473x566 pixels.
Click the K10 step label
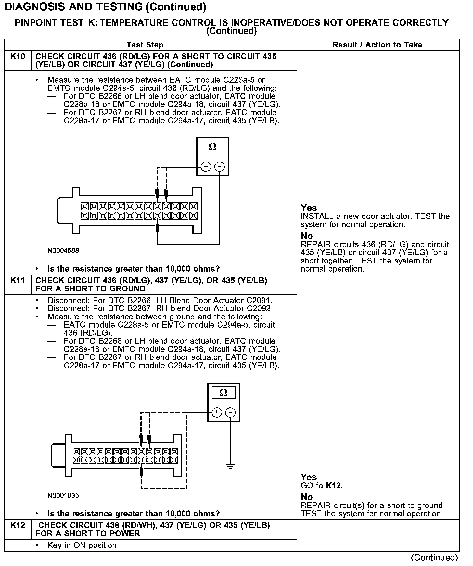pos(18,57)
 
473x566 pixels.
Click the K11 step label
pos(18,280)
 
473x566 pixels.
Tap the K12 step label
pos(18,525)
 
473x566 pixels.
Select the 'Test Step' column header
pos(145,45)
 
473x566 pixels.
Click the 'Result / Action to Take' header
pos(377,45)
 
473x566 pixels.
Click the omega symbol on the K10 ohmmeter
pos(212,147)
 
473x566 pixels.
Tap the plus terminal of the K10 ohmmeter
pos(206,167)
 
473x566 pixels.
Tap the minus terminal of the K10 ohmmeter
pos(220,167)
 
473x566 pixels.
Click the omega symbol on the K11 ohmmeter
pos(223,393)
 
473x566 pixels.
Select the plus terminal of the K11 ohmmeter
pos(217,412)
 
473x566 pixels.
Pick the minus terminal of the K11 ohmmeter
pos(230,412)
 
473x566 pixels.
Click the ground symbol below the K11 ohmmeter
pos(230,467)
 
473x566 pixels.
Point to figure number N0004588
pos(63,250)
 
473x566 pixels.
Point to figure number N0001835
pos(63,496)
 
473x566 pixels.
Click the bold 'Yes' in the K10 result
pos(308,208)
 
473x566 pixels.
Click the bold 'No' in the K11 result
pos(307,497)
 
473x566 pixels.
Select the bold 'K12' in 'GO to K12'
pos(334,486)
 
